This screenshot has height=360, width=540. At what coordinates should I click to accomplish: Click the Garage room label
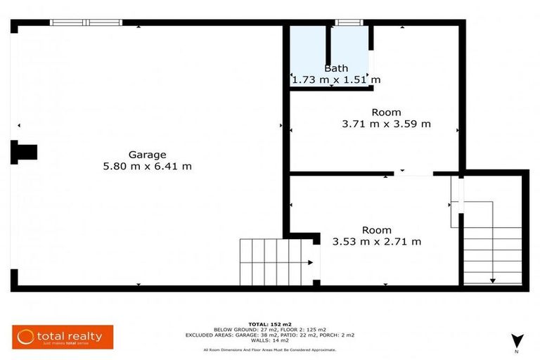click(147, 155)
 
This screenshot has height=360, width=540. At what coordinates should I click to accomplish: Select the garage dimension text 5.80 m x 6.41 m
click(147, 167)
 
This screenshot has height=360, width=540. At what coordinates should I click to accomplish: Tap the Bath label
click(335, 68)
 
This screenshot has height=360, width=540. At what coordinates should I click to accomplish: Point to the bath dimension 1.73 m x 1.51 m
click(336, 80)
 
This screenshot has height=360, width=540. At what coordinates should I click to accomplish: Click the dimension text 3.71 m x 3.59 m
click(386, 124)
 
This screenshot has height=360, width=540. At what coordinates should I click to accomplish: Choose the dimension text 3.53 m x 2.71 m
click(377, 242)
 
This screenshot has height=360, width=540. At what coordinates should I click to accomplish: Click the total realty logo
click(63, 337)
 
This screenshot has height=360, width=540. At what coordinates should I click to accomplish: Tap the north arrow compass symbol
click(516, 340)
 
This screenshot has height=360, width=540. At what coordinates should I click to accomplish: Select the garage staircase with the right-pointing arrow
click(275, 262)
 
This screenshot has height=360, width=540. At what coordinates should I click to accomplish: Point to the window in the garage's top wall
click(86, 22)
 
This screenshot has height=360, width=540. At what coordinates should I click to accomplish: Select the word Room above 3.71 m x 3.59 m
click(386, 112)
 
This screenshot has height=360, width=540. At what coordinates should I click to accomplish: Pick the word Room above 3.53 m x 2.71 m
click(377, 230)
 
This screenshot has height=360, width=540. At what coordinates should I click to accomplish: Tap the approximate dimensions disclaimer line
click(269, 349)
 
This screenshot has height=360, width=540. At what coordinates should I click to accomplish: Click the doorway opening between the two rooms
click(413, 173)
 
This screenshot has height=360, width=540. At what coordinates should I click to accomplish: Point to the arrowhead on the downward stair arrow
click(492, 280)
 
